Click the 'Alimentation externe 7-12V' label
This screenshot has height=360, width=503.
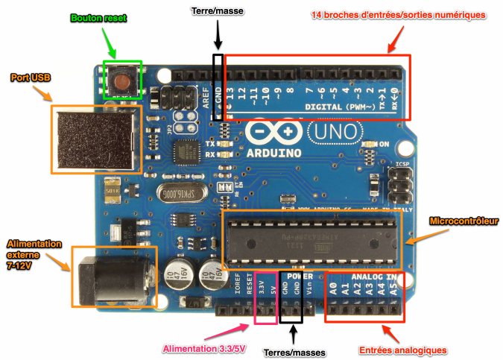pos(30,255)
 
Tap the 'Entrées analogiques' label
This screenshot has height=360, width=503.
pos(403,350)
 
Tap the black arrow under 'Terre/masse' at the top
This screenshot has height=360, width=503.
pos(218,36)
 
